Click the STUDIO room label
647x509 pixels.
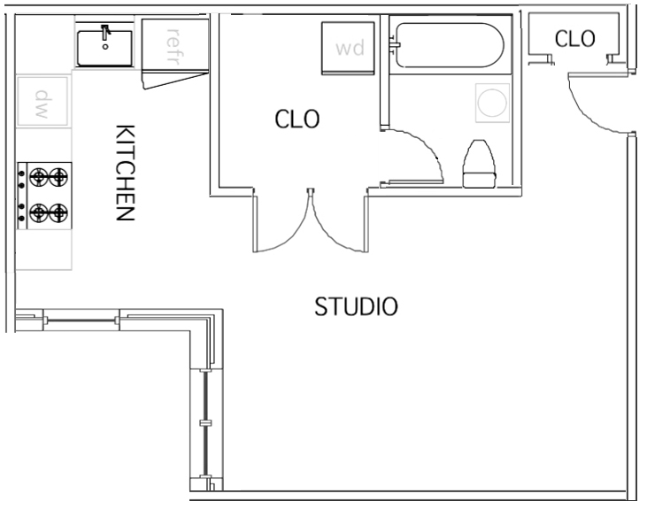[356, 306]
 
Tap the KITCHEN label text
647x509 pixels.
[125, 173]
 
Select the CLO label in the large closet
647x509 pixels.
[297, 119]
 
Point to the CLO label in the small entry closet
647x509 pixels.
[574, 39]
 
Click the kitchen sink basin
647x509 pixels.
[104, 49]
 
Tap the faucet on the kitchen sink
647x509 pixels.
[105, 33]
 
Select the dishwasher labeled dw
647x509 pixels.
[42, 101]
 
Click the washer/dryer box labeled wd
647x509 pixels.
[348, 49]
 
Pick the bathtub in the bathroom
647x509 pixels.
[450, 45]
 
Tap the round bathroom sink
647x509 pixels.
[492, 103]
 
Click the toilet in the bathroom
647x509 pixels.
[479, 164]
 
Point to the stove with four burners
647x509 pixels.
[44, 196]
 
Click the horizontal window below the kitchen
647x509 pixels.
[81, 320]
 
